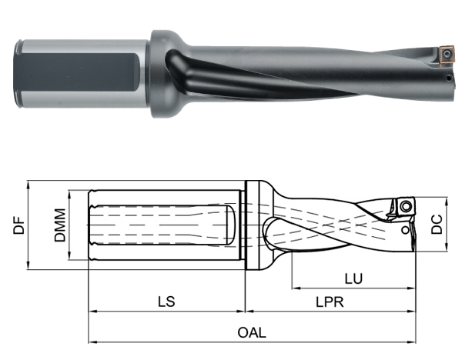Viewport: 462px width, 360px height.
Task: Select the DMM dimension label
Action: point(59,225)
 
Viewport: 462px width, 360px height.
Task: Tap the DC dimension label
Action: point(437,224)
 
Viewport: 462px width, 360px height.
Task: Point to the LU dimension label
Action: point(354,277)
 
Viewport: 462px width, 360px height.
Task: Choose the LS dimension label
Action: point(166,302)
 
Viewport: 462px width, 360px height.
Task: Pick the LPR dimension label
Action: point(332,302)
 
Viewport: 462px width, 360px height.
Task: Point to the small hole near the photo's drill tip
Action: point(447,78)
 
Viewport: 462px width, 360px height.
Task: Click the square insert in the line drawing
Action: point(403,206)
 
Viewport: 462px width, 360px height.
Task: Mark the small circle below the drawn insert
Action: point(405,229)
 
